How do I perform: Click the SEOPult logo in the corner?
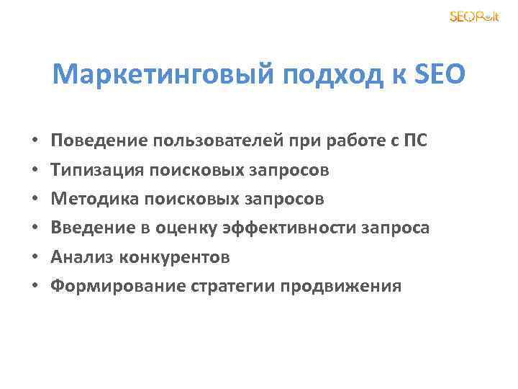[473, 17]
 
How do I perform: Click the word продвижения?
[340, 286]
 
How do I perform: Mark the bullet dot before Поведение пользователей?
[35, 141]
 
